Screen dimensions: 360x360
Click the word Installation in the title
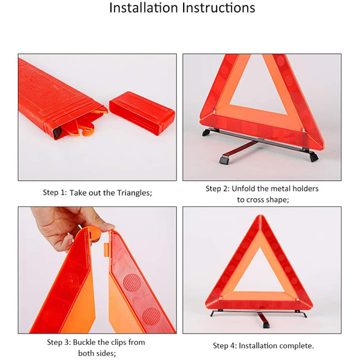(144, 8)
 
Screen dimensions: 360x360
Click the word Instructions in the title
(219, 8)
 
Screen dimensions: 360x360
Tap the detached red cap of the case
(142, 113)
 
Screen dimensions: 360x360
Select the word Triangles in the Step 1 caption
(134, 193)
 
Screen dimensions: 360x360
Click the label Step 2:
(217, 189)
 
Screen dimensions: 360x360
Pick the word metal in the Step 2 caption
(280, 189)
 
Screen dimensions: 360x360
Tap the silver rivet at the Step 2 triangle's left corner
(214, 112)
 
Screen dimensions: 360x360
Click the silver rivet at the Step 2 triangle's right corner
(304, 131)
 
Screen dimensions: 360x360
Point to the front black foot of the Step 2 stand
(224, 160)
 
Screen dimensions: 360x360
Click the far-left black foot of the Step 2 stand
(207, 132)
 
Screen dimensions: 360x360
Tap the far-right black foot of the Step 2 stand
(313, 157)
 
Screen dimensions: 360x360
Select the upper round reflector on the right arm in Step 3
(133, 283)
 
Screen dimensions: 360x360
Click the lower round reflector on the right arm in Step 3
(152, 316)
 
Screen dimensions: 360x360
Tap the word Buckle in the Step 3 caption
(84, 343)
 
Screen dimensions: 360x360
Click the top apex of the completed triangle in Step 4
(260, 216)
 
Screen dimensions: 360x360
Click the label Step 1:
(55, 193)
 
